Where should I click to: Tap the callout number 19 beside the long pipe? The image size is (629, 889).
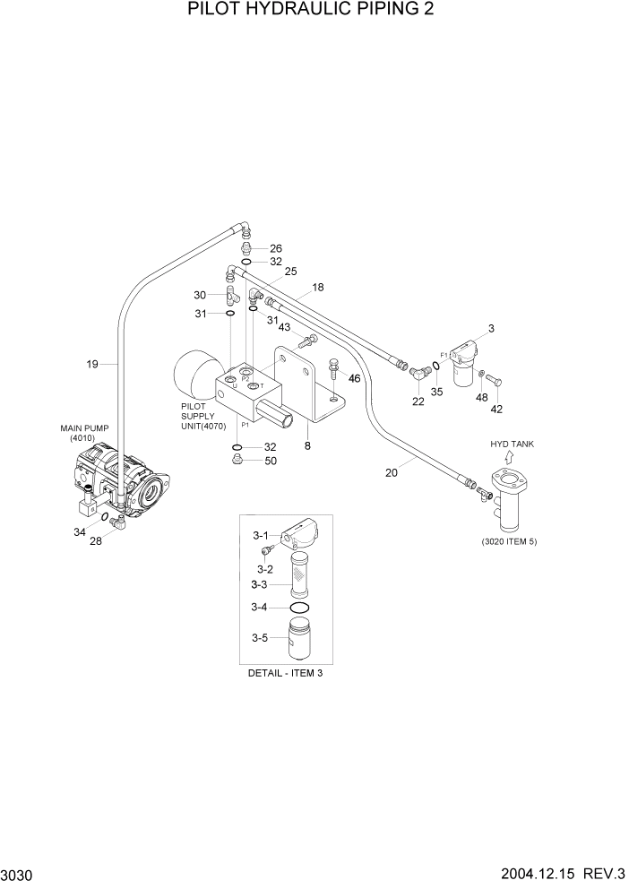pyautogui.click(x=92, y=364)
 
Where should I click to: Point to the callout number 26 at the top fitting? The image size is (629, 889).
pyautogui.click(x=276, y=248)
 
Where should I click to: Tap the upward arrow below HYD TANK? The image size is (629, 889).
pyautogui.click(x=509, y=459)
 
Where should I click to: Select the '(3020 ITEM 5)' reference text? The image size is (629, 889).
pyautogui.click(x=508, y=541)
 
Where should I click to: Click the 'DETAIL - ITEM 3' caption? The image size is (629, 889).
pyautogui.click(x=285, y=673)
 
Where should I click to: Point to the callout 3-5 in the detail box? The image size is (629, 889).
pyautogui.click(x=259, y=638)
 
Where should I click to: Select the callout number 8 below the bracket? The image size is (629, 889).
pyautogui.click(x=307, y=445)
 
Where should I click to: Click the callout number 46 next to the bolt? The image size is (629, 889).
pyautogui.click(x=354, y=379)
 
